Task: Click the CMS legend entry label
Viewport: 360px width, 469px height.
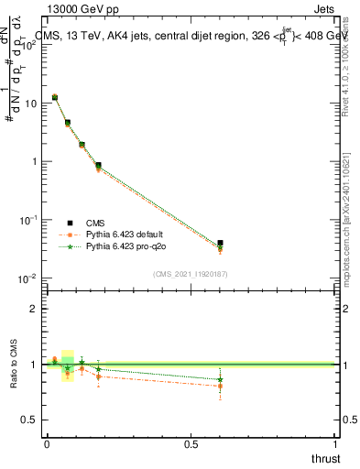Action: coord(95,223)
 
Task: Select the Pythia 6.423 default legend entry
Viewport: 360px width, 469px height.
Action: coord(127,234)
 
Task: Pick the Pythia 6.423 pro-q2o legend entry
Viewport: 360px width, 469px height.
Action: coord(129,246)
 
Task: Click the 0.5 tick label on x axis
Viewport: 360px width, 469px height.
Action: coord(191,444)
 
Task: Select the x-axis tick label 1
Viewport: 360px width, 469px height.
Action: coord(336,444)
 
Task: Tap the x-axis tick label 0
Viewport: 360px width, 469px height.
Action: coord(47,444)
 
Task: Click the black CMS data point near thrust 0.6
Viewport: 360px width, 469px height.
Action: coord(220,244)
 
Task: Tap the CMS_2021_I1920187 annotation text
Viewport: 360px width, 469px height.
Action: coord(191,274)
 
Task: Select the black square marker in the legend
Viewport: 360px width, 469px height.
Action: coord(70,223)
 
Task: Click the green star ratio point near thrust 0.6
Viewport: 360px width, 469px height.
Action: coord(220,379)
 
